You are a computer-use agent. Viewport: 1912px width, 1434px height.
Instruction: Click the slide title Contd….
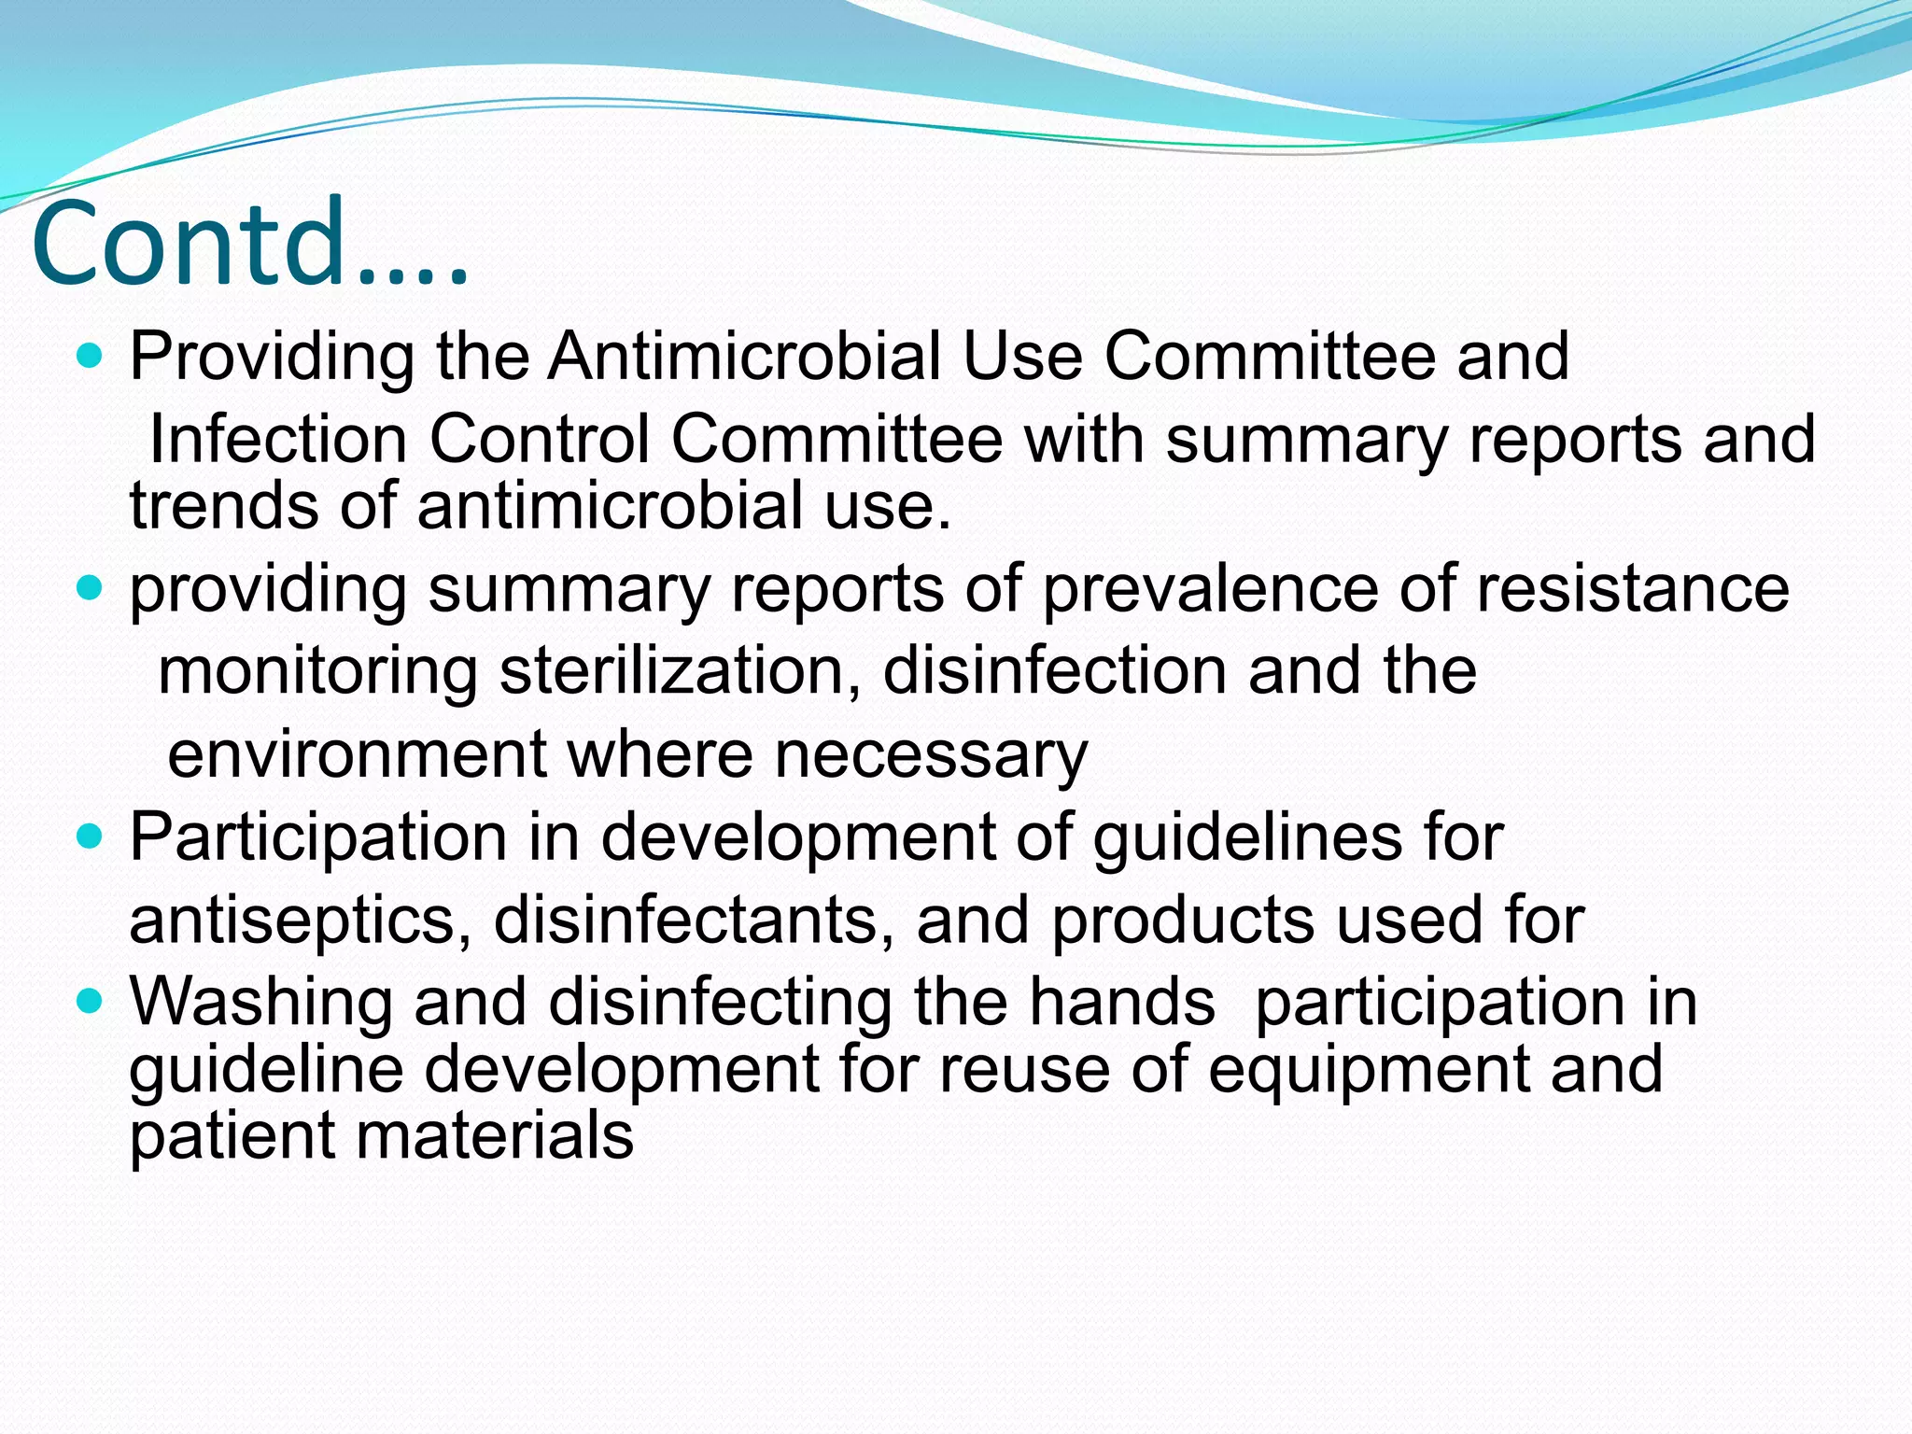[x=250, y=244]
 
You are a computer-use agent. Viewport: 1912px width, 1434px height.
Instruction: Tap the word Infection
[x=277, y=439]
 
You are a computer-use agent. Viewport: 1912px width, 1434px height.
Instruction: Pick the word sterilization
[x=680, y=671]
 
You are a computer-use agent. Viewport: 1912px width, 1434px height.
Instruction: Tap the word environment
[x=357, y=754]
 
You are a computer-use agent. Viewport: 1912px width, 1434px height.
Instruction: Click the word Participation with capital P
[x=317, y=837]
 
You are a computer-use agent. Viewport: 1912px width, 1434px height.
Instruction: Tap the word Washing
[x=260, y=1003]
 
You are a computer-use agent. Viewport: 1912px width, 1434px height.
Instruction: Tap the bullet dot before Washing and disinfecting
[x=90, y=1003]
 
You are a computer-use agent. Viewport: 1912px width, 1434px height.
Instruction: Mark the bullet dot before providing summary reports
[x=90, y=589]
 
